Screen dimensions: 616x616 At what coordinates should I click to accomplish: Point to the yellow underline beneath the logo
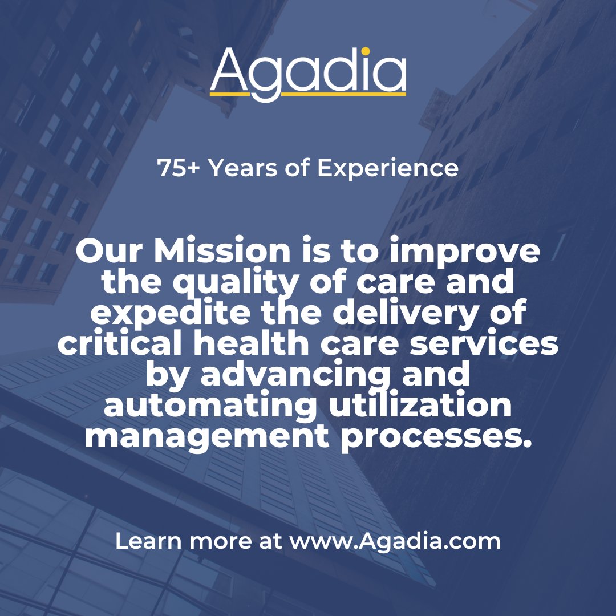click(308, 92)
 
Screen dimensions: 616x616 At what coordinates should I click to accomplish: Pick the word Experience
click(387, 168)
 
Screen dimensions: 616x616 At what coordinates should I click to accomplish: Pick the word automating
click(210, 407)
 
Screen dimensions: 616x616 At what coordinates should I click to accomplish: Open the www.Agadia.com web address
click(395, 541)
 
